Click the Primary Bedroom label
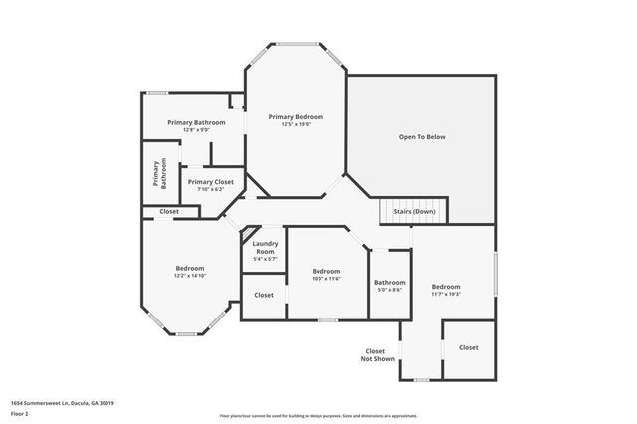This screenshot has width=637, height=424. point(296,117)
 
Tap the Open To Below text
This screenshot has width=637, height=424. point(422,136)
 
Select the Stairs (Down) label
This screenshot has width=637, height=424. point(415,211)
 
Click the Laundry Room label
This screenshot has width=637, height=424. point(264,247)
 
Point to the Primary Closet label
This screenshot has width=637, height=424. point(211,182)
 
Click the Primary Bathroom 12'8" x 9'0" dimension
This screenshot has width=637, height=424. point(189,129)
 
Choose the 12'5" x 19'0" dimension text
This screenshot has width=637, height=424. point(296,125)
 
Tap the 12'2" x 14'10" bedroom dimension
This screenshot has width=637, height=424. point(190,276)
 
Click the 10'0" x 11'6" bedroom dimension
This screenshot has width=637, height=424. point(326,279)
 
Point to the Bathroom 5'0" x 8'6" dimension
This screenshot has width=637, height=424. point(389,290)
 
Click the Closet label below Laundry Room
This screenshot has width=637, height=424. point(264,295)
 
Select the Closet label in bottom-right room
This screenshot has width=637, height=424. point(468,347)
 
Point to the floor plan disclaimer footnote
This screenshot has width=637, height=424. point(318,415)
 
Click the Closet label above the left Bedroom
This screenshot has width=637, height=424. point(169,211)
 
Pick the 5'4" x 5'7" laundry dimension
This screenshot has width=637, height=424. point(264,259)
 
